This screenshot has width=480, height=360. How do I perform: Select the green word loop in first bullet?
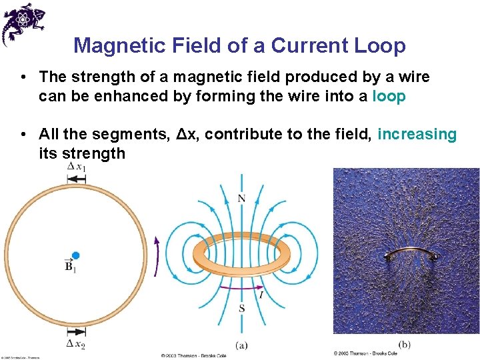point(389,96)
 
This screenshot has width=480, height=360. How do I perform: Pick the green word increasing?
point(417,134)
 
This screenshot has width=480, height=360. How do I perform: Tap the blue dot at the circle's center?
point(75,255)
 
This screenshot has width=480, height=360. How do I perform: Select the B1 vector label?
point(71,267)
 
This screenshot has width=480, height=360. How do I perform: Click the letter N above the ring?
point(241,198)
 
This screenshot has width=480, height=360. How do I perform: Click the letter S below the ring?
point(241,308)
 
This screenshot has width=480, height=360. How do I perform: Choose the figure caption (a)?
point(242,345)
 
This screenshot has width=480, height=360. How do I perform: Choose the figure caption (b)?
point(405,345)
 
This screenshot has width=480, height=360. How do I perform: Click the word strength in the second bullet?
point(93,153)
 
